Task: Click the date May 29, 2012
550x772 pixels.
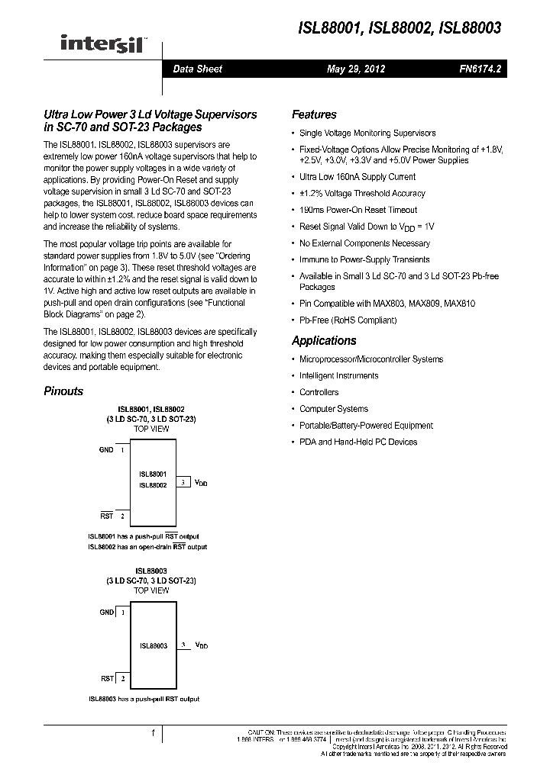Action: pos(356,69)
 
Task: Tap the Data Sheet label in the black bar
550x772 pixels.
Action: pos(197,69)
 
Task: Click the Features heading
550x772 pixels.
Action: pos(314,114)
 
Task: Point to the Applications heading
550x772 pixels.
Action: pos(324,341)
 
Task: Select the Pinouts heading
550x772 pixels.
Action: pos(63,391)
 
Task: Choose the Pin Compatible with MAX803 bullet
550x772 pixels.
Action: pos(387,304)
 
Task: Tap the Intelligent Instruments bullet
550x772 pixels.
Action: pos(338,376)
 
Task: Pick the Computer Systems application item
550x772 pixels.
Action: pos(334,409)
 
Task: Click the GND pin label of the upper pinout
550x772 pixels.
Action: pos(106,450)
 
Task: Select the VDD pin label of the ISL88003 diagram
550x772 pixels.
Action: pos(201,645)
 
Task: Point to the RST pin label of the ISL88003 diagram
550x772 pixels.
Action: pos(107,678)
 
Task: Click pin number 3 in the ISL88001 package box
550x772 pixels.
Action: pos(183,482)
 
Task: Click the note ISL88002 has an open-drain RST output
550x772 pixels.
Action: pos(147,547)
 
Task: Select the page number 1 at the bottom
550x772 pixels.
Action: pos(153,733)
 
